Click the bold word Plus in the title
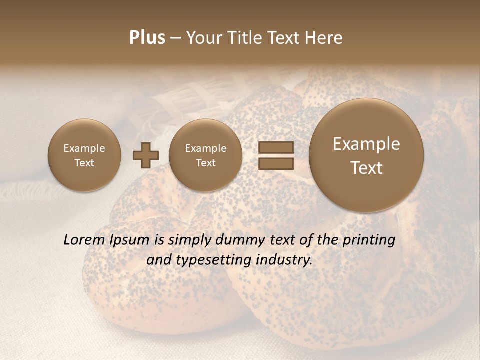point(147,38)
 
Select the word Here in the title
point(325,38)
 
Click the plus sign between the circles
point(145,155)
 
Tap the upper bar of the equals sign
point(276,147)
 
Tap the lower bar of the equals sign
point(276,163)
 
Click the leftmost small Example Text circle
point(84,155)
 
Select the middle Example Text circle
point(205,155)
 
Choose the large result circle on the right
point(366,155)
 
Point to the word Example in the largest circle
point(366,144)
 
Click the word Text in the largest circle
point(366,168)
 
